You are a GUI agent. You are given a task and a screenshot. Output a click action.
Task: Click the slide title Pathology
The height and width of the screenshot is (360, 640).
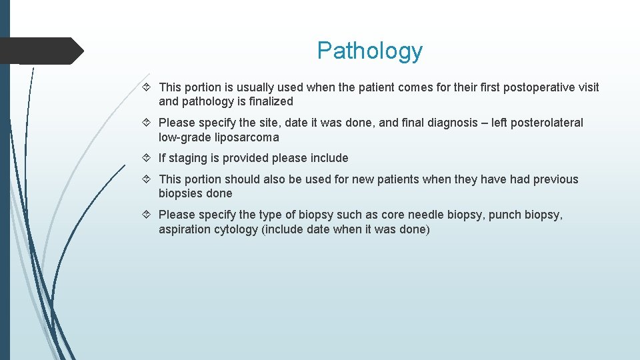pos(369,51)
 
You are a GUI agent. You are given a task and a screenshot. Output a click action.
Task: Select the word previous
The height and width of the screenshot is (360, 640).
pos(556,179)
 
